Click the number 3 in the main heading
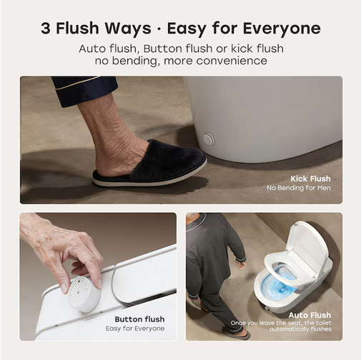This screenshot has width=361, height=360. tap(46, 28)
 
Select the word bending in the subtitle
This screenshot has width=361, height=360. tap(134, 61)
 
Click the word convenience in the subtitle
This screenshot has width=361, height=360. tap(232, 61)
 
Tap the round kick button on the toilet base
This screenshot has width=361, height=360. tap(209, 139)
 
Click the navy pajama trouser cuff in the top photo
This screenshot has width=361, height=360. tap(84, 91)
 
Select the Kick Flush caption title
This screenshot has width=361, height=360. tap(310, 179)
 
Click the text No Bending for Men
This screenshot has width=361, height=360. tap(299, 188)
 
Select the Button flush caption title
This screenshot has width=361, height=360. tap(139, 319)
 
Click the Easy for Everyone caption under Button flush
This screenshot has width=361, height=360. tap(135, 329)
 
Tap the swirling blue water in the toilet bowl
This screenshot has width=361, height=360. tap(279, 282)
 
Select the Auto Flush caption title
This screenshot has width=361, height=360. tap(310, 315)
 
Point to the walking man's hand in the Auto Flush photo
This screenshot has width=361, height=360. tap(241, 264)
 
